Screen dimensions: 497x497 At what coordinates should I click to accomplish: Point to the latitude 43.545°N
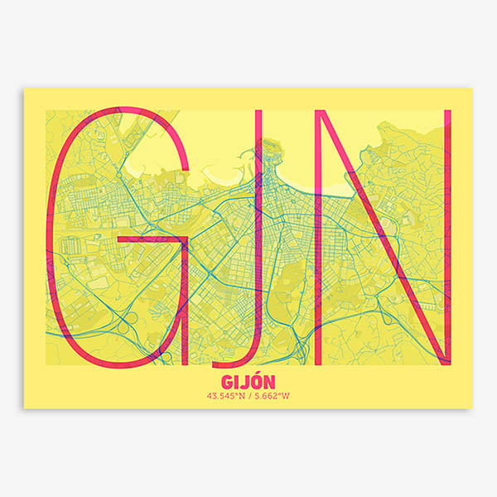click(x=226, y=395)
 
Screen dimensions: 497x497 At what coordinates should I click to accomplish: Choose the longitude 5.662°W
click(x=272, y=395)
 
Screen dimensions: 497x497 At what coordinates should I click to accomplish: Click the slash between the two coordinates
click(x=248, y=395)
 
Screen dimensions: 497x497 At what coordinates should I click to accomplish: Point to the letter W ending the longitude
click(x=287, y=395)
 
